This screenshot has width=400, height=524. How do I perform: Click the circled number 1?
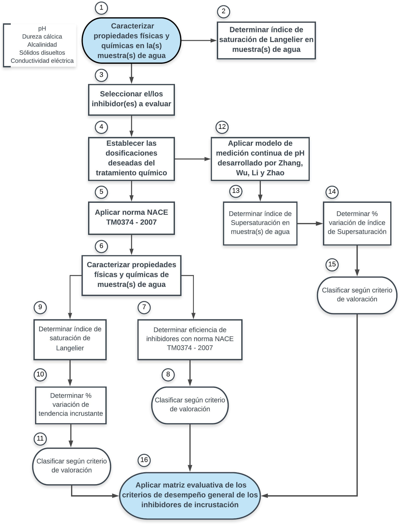coord(101,8)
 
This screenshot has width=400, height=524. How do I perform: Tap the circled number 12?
coord(222,127)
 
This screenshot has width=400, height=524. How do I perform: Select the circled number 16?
coord(144,460)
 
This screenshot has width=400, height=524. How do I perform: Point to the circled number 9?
coord(40,307)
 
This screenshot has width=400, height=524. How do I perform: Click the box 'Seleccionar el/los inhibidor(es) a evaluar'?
coord(131,99)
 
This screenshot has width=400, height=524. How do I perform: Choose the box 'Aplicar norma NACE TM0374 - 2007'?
coord(131,218)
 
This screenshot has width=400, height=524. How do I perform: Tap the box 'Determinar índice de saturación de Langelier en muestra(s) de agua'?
coord(266,40)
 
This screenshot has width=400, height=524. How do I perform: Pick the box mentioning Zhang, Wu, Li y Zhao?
coord(260,159)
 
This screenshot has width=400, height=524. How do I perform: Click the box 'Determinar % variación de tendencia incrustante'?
coord(71,405)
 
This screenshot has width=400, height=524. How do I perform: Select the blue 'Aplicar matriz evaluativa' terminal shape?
coord(190,495)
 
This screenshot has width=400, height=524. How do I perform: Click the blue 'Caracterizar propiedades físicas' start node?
coord(131,41)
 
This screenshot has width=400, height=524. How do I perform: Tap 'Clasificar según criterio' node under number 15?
coord(357,295)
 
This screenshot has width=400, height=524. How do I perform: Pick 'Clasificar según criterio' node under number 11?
coord(72,466)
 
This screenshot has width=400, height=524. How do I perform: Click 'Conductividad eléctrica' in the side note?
coord(42,61)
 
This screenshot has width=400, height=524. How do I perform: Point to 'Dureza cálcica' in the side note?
coord(42,37)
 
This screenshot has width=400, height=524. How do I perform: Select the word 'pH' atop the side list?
coord(42,28)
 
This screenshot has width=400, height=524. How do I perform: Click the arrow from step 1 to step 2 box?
coord(199,40)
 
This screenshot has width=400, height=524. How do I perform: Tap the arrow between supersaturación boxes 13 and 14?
coord(310,224)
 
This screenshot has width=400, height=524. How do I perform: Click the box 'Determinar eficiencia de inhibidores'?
coord(190,339)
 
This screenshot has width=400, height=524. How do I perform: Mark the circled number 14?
coord(332,192)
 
